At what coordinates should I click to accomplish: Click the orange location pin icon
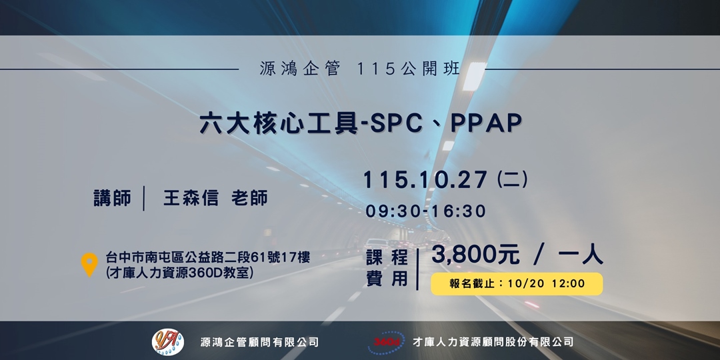(89, 265)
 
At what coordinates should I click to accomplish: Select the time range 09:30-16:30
(425, 211)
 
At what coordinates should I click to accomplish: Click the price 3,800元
(475, 254)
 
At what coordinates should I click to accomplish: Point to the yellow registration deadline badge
(517, 283)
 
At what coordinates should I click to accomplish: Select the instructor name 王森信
(191, 199)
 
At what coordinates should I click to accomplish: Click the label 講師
(112, 199)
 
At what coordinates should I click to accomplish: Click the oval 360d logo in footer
(385, 341)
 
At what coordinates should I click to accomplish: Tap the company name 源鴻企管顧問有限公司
(259, 342)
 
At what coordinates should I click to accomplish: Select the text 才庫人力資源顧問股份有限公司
(493, 342)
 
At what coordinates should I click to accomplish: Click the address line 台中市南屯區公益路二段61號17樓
(208, 257)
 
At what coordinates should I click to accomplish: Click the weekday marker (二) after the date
(513, 179)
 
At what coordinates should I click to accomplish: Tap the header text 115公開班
(408, 69)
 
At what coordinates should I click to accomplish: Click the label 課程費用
(387, 269)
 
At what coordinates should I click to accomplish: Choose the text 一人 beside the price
(579, 254)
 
